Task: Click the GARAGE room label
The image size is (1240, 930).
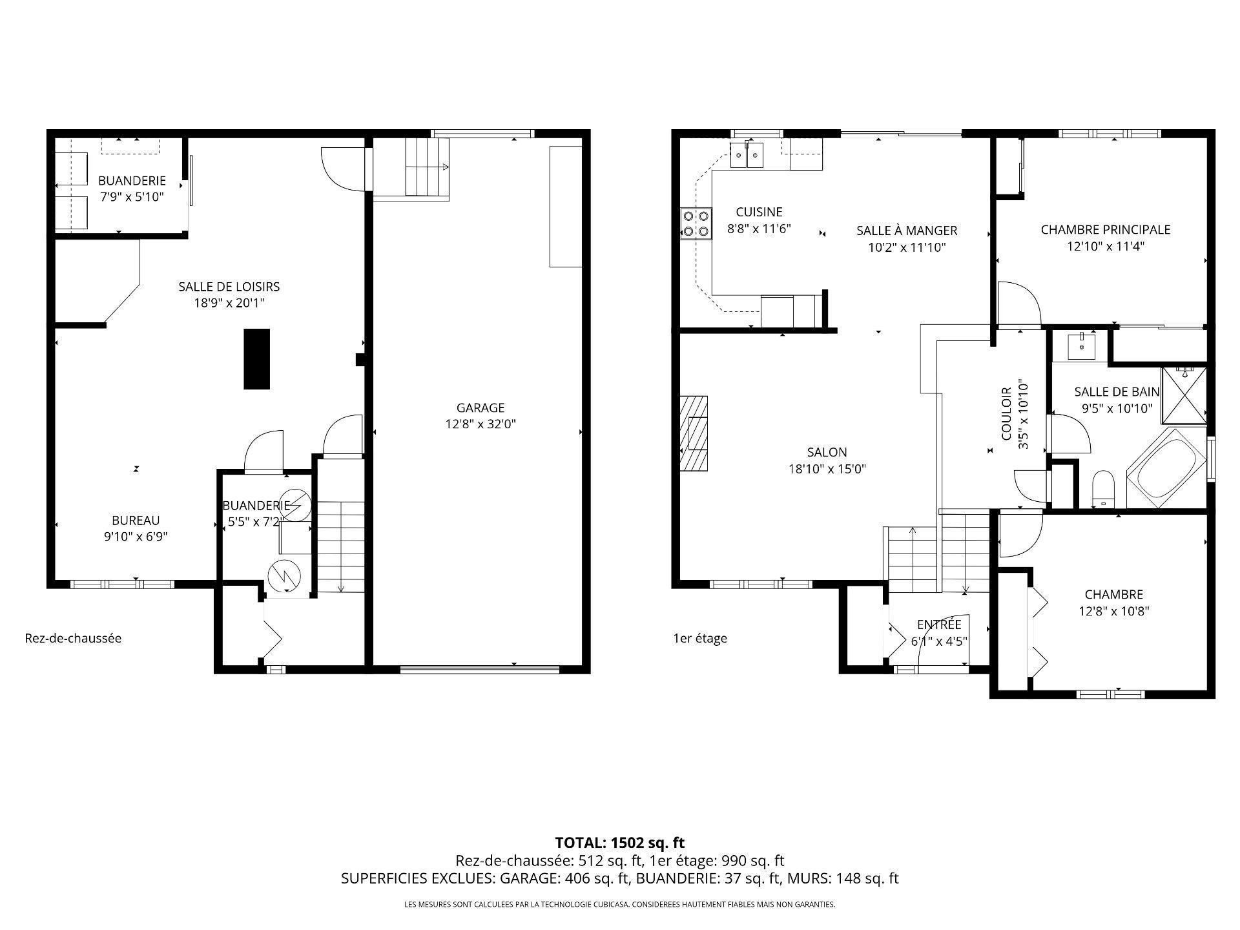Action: [480, 408]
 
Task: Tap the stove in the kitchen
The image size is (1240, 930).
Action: [696, 224]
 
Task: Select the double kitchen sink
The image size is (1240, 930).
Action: [747, 155]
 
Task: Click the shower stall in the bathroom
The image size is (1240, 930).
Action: [1184, 395]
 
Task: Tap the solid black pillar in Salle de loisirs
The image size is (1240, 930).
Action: [256, 359]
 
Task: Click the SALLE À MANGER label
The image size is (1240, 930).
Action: [907, 231]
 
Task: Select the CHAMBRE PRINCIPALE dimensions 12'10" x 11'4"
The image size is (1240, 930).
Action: [1106, 246]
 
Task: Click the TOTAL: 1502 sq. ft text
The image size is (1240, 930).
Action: [619, 843]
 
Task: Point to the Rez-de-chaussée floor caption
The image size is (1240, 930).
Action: [73, 638]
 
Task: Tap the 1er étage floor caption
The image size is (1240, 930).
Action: [700, 638]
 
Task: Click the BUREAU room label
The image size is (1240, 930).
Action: [136, 520]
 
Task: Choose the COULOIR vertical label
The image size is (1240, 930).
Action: [1006, 414]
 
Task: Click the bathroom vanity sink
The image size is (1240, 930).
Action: [1081, 346]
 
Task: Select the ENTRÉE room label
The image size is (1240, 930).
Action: [939, 625]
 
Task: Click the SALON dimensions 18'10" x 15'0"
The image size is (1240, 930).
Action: [827, 469]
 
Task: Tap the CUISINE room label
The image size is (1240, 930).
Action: [759, 212]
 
